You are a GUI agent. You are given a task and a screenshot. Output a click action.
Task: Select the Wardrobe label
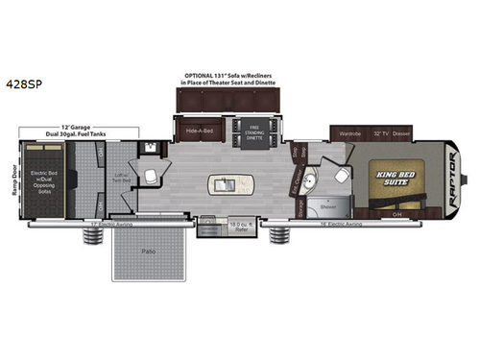349,125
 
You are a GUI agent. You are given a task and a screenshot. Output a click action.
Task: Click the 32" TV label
382,125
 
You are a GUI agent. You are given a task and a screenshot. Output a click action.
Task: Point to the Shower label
327,204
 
